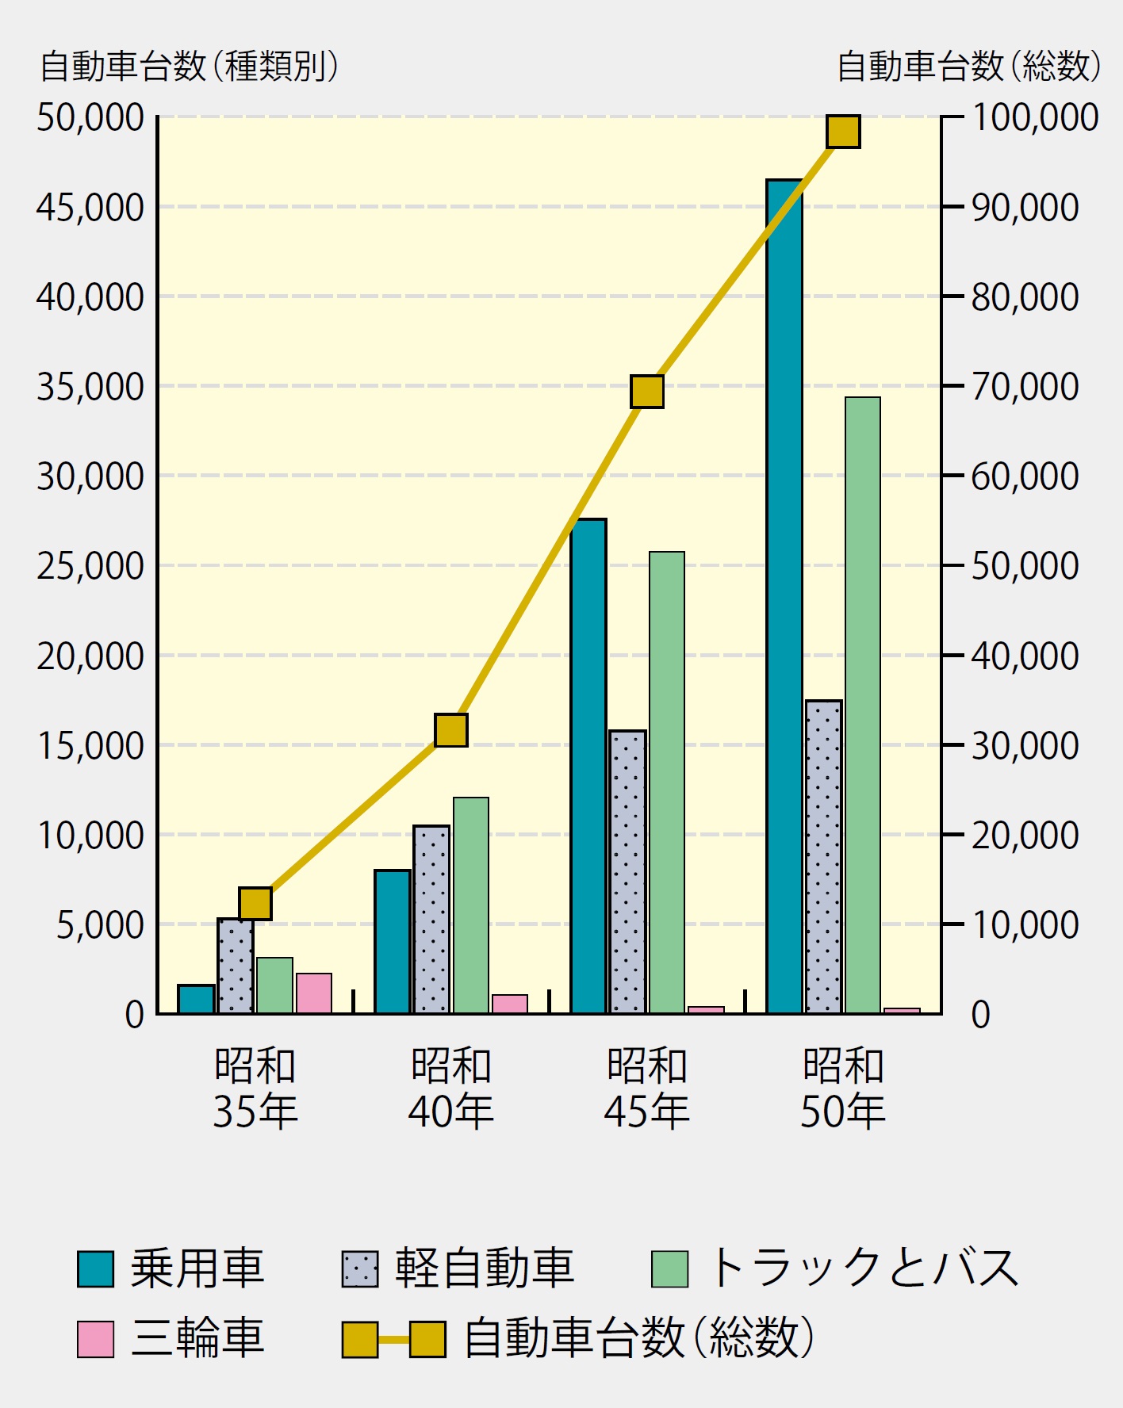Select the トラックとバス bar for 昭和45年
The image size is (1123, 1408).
(x=667, y=782)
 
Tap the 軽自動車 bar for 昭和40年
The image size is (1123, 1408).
(x=431, y=919)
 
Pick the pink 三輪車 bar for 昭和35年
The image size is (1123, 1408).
(x=314, y=993)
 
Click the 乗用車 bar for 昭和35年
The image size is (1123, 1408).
(x=197, y=999)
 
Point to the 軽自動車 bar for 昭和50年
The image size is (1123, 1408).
(x=824, y=856)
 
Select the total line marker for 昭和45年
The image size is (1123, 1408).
(x=647, y=392)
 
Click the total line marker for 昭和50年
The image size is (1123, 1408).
(x=843, y=132)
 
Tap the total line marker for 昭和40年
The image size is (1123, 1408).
(x=451, y=730)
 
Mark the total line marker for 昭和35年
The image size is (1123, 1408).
(x=255, y=903)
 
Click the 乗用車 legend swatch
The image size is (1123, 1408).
(x=95, y=1268)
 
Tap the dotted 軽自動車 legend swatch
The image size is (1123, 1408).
(x=360, y=1268)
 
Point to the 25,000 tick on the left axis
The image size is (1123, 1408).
(x=90, y=566)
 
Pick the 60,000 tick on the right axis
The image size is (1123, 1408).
(x=1025, y=476)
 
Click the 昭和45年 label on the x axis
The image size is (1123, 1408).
(x=647, y=1088)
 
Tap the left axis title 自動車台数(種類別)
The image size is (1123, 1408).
(x=190, y=67)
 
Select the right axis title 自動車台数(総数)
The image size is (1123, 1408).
(x=969, y=67)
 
